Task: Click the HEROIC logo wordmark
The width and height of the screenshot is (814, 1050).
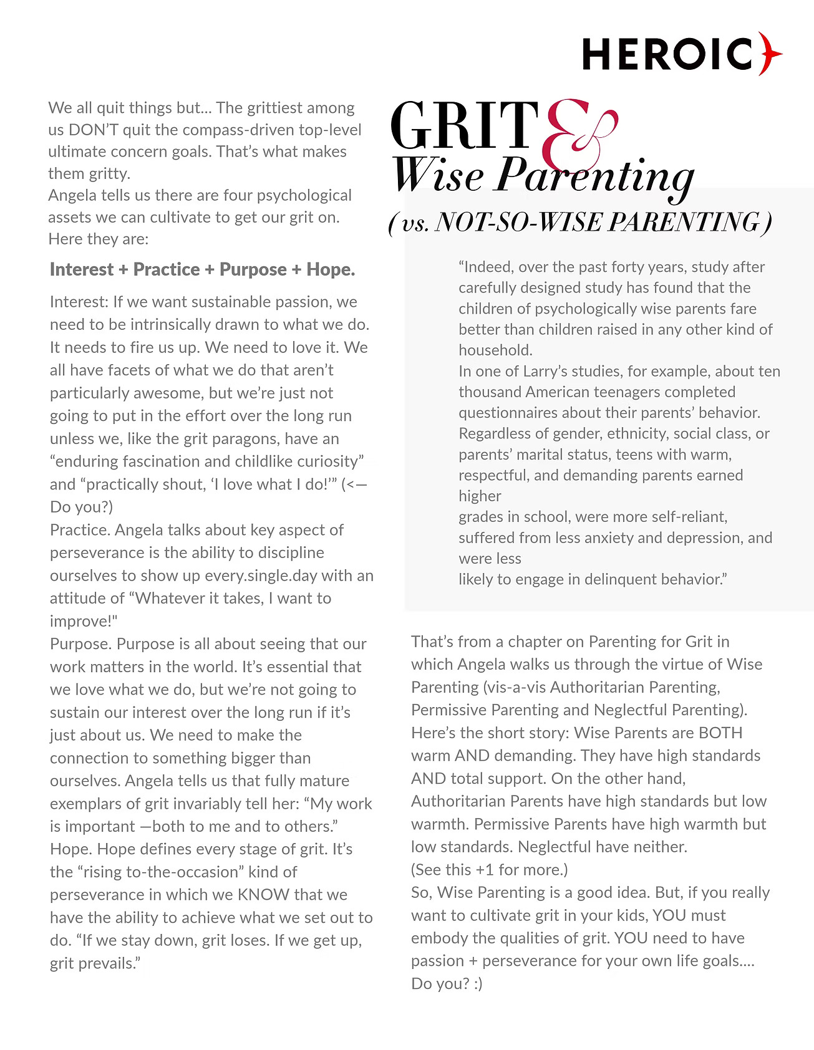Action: click(x=668, y=54)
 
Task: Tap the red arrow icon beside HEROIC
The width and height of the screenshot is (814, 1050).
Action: click(x=771, y=54)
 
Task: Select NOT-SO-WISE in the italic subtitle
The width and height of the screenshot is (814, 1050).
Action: click(x=486, y=223)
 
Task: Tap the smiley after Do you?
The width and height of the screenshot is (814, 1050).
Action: click(x=478, y=983)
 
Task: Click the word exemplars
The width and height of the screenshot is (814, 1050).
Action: click(x=85, y=804)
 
